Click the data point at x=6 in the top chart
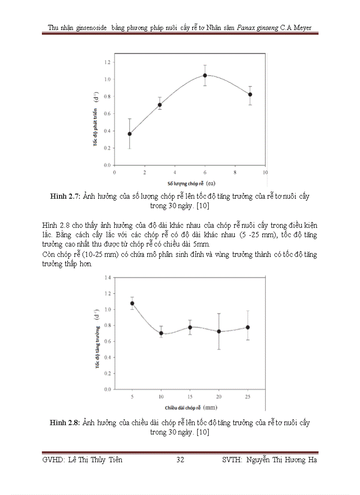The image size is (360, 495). point(205,75)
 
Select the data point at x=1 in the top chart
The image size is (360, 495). point(129,134)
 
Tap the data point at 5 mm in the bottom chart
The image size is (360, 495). point(132,303)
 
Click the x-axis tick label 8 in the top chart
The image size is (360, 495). point(235,172)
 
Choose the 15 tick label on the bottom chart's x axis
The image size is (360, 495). point(190,397)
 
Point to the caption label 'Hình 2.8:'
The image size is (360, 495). point(65,423)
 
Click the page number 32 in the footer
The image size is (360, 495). point(180,460)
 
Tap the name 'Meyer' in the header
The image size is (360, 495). point(302,28)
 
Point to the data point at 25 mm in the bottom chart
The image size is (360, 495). point(248,328)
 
